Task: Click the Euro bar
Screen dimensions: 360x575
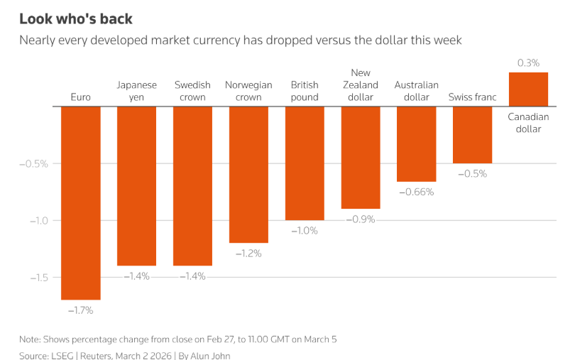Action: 80,202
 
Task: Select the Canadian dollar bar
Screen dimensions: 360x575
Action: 528,89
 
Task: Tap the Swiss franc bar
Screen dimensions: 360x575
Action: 472,135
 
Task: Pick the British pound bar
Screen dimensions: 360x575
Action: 305,163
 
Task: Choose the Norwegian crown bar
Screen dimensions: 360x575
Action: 248,175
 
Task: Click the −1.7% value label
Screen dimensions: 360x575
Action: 80,310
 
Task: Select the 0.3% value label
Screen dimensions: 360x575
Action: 528,63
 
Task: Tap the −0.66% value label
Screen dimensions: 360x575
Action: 416,192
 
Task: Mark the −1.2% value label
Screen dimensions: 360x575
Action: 248,253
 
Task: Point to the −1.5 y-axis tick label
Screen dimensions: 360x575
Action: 37,277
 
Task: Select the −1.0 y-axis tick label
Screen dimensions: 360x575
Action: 37,220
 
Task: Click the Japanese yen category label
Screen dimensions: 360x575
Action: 136,91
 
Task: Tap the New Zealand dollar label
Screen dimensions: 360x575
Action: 360,84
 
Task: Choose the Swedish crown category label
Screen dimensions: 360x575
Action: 192,91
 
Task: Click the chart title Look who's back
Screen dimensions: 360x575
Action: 76,18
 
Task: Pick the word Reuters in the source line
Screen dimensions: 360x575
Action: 100,355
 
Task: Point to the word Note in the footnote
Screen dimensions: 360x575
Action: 30,339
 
